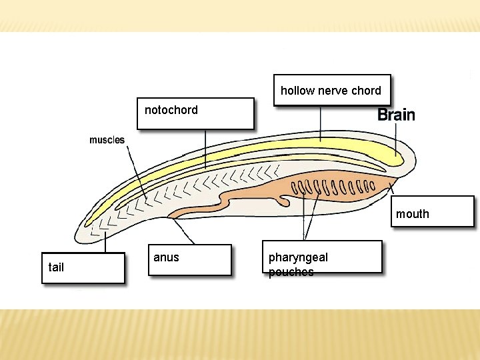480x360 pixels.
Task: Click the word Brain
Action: click(396, 115)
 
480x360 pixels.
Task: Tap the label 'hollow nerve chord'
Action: click(331, 91)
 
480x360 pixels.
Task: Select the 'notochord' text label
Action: click(171, 110)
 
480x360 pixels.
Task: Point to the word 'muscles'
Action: click(107, 140)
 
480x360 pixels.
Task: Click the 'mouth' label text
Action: click(413, 214)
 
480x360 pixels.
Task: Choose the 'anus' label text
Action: click(166, 257)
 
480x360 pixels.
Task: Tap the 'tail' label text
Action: click(56, 267)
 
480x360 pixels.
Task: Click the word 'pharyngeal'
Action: click(298, 257)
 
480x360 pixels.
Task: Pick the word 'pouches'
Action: click(291, 272)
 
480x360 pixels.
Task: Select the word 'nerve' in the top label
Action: click(331, 91)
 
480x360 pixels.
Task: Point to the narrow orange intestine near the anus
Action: click(200, 210)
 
